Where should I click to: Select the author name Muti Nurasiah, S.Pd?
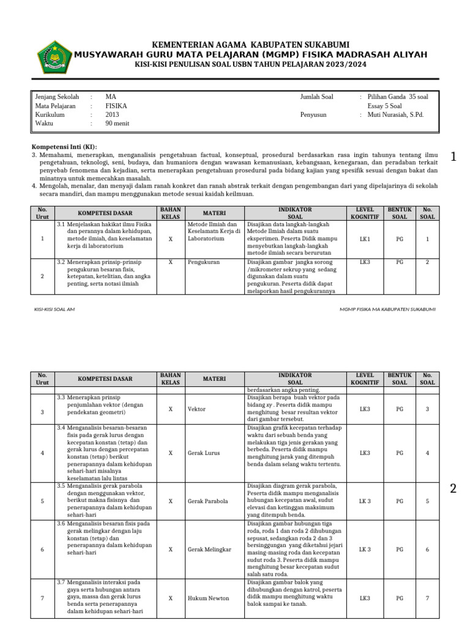click(395, 114)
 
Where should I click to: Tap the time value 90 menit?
click(117, 123)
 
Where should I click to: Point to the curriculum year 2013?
click(112, 114)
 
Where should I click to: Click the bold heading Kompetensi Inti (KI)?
click(64, 147)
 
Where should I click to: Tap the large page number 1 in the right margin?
click(453, 157)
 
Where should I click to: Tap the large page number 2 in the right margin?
click(453, 488)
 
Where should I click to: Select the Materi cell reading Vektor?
click(197, 409)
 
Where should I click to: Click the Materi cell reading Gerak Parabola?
click(208, 501)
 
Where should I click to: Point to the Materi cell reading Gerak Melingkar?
click(209, 550)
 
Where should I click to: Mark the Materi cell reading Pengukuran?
click(204, 262)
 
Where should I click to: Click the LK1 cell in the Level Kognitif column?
click(365, 239)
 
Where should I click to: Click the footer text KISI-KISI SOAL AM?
click(54, 309)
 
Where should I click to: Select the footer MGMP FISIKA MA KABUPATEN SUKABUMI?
click(387, 309)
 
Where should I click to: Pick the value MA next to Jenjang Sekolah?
click(110, 97)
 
